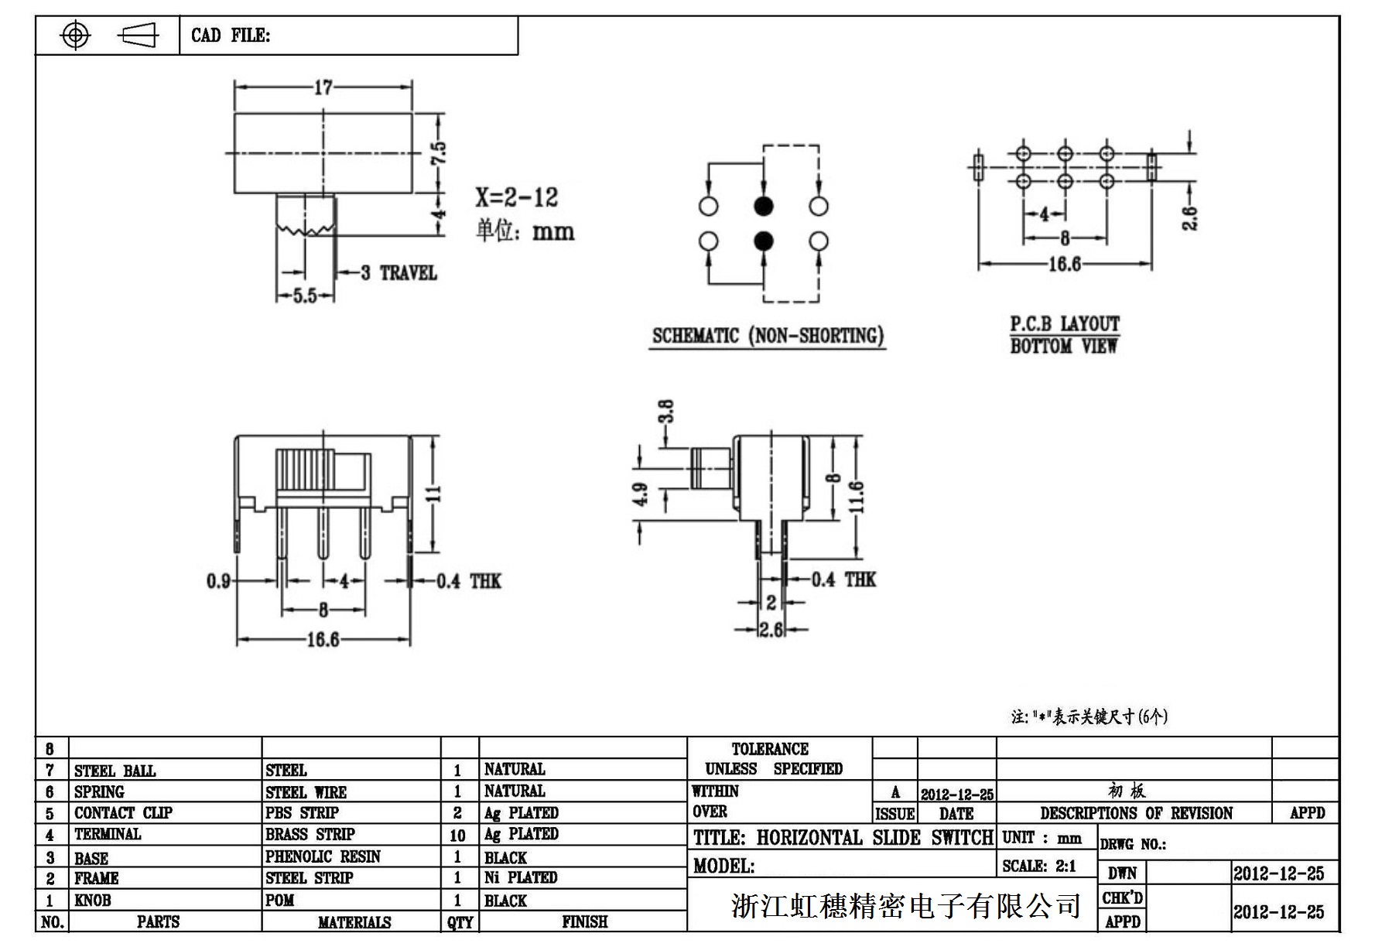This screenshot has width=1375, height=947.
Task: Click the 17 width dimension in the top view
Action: pyautogui.click(x=323, y=87)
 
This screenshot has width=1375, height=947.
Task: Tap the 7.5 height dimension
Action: pyautogui.click(x=439, y=152)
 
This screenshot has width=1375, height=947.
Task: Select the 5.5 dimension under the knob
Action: pyautogui.click(x=305, y=296)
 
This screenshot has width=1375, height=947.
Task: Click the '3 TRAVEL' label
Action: pyautogui.click(x=399, y=273)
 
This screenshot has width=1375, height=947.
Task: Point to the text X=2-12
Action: pyautogui.click(x=517, y=197)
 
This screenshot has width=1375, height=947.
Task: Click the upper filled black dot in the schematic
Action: pyautogui.click(x=764, y=206)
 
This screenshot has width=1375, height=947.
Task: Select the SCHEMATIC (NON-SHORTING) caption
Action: pyautogui.click(x=768, y=336)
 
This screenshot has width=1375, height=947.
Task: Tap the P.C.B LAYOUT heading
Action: pyautogui.click(x=1065, y=323)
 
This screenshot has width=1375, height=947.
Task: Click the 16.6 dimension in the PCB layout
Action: pyautogui.click(x=1064, y=265)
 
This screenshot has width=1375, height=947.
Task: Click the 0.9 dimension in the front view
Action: pyautogui.click(x=218, y=580)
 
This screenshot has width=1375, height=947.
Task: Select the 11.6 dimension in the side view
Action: pyautogui.click(x=856, y=496)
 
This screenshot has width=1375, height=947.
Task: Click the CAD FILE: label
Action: pyautogui.click(x=231, y=36)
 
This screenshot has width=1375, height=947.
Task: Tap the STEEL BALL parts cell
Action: pyautogui.click(x=115, y=771)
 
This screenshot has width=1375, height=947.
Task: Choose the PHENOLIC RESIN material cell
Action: pyautogui.click(x=323, y=856)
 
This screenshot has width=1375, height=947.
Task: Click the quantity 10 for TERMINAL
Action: pyautogui.click(x=457, y=835)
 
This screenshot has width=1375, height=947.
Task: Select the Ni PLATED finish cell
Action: pyautogui.click(x=521, y=877)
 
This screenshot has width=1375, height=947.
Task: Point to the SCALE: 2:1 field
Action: pyautogui.click(x=1039, y=867)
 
